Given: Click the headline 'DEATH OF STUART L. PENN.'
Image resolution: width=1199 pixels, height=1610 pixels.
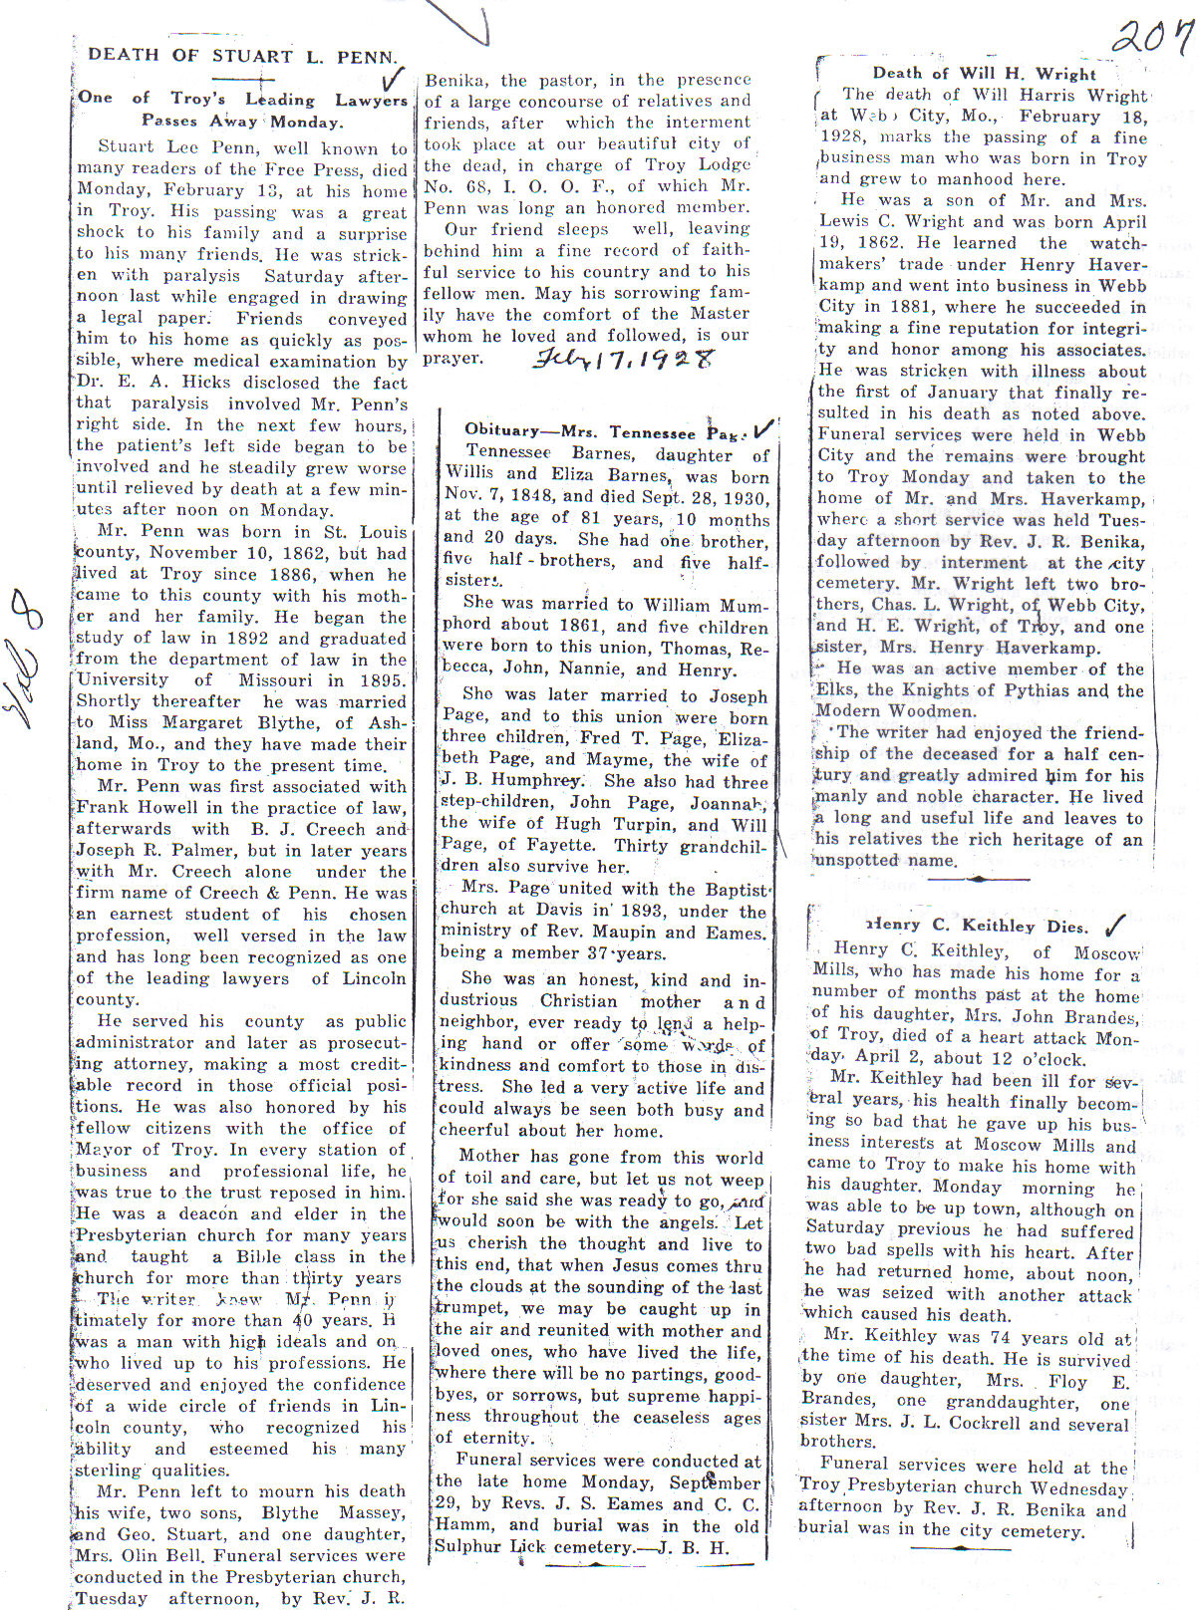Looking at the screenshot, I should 243,56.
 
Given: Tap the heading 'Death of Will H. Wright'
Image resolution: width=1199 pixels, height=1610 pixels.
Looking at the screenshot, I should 984,73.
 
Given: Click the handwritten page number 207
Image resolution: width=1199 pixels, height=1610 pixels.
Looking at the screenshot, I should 1151,38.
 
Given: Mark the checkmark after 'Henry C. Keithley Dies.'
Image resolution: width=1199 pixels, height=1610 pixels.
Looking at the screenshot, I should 1116,923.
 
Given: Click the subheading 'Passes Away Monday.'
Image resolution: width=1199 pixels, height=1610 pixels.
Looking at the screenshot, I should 242,122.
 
